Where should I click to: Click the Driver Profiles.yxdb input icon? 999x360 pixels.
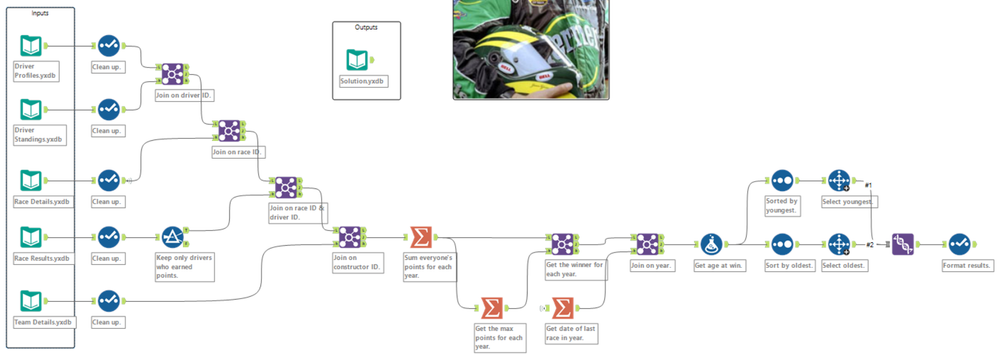click(x=32, y=46)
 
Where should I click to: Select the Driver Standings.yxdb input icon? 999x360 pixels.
click(x=32, y=109)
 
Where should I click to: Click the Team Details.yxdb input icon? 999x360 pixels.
click(x=32, y=299)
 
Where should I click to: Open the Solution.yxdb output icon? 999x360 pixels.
click(x=357, y=60)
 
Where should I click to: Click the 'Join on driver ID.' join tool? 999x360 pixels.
click(x=172, y=73)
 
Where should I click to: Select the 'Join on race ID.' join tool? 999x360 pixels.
click(x=230, y=130)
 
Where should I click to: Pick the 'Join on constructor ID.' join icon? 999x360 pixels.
click(x=349, y=236)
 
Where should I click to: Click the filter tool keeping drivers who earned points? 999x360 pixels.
click(x=172, y=237)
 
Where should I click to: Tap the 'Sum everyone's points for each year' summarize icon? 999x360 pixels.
click(x=421, y=237)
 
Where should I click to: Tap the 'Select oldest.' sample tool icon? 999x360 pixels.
click(x=838, y=243)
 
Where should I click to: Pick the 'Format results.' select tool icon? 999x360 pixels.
click(x=959, y=243)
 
